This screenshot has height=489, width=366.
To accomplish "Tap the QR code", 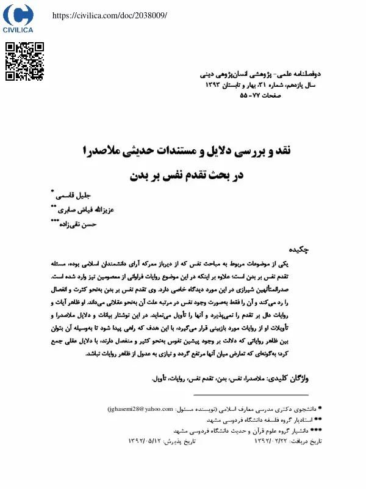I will (x=24, y=62).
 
